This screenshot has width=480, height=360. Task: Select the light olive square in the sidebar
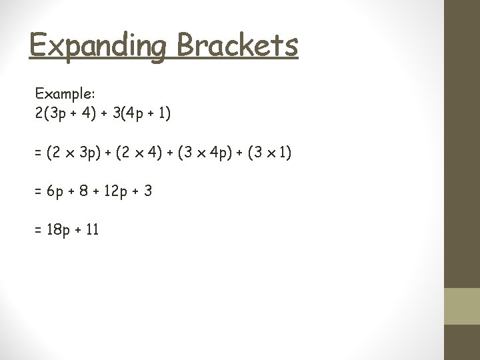pyautogui.click(x=462, y=306)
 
